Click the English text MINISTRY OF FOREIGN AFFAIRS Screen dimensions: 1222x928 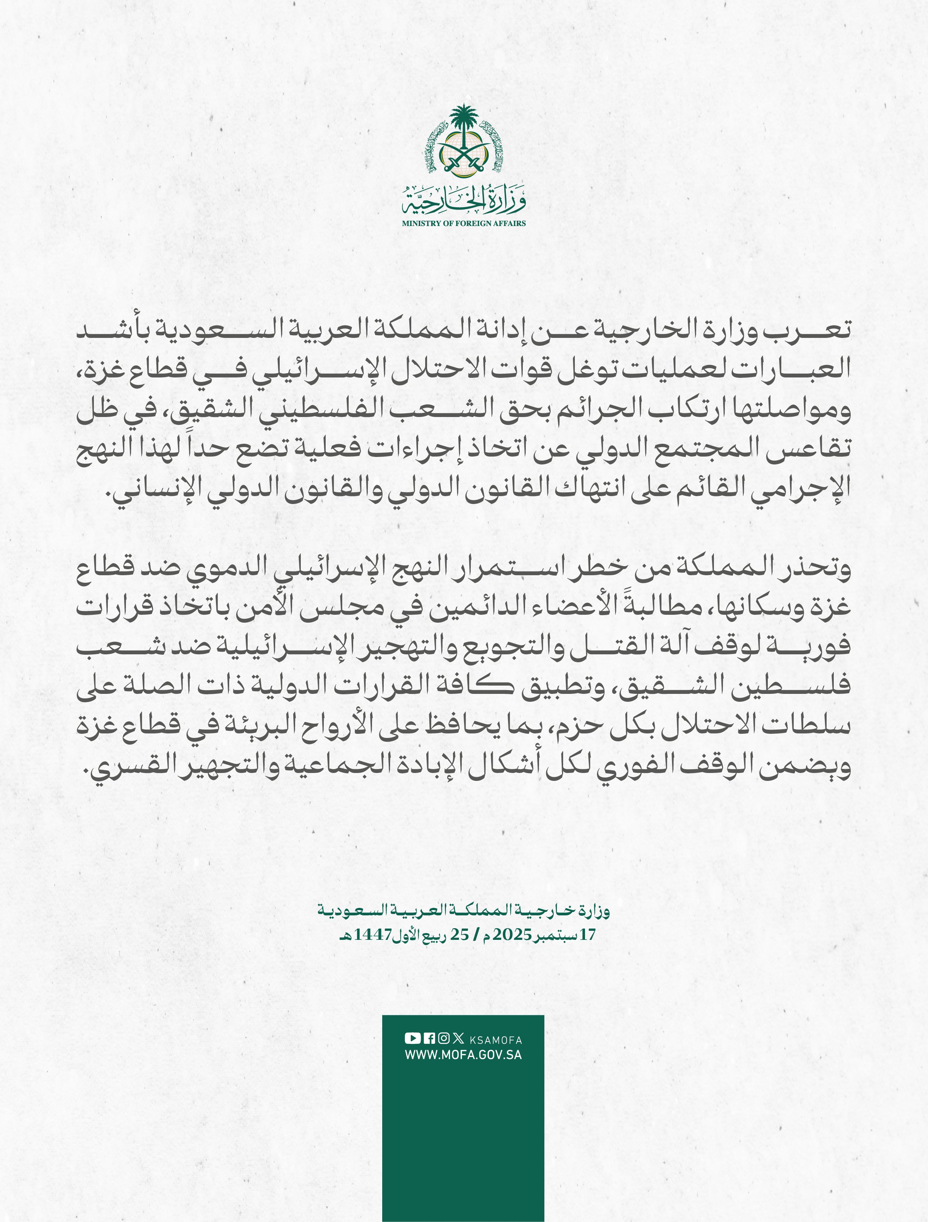click(463, 223)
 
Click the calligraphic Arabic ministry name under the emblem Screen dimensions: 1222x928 click(463, 202)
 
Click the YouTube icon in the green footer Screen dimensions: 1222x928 click(412, 1038)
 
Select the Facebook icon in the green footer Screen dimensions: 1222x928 click(429, 1038)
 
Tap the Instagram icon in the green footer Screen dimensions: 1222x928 click(443, 1038)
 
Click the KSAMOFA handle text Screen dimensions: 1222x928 click(495, 1040)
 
